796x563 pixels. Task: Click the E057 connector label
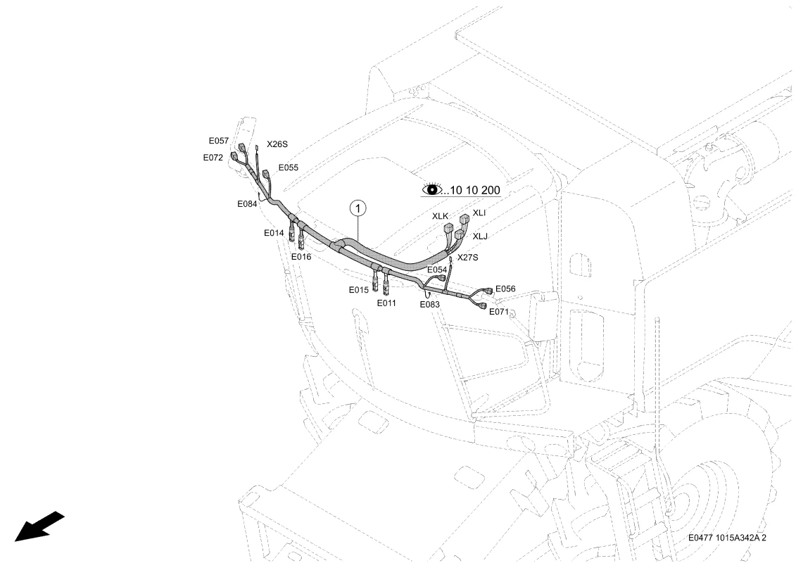[x=219, y=141]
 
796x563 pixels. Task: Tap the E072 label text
[x=213, y=158]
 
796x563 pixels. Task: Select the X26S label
[x=277, y=144]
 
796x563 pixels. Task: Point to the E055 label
[x=289, y=167]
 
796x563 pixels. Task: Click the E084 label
[x=247, y=204]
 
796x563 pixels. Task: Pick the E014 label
[x=274, y=233]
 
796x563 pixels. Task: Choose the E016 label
[x=301, y=257]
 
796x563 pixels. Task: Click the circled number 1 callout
[x=358, y=208]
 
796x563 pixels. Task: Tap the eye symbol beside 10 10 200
[x=432, y=189]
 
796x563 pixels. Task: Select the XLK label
[x=440, y=216]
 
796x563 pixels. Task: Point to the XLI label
[x=479, y=213]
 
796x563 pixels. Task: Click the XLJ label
[x=480, y=236]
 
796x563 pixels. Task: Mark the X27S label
[x=467, y=258]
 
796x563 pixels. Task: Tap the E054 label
[x=437, y=270]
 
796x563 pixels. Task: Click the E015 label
[x=358, y=290]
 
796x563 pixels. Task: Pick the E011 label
[x=386, y=303]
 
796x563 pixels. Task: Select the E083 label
[x=429, y=305]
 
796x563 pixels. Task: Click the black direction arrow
[x=39, y=526]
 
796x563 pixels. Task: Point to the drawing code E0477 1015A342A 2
[x=727, y=538]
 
